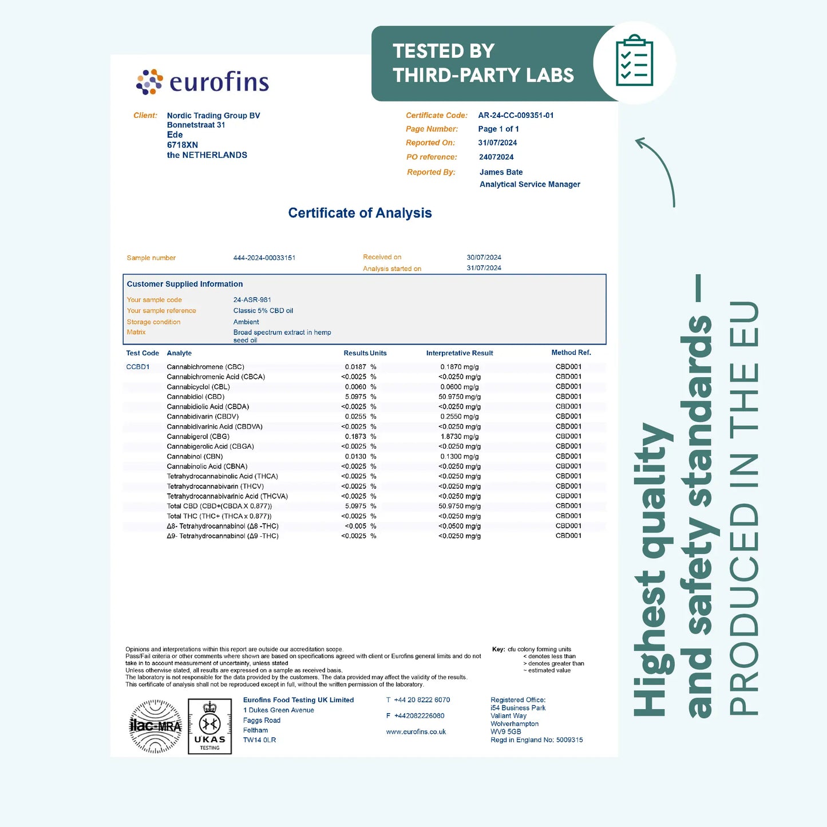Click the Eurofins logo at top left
(203, 82)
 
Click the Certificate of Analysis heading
(359, 213)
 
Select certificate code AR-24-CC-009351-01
(516, 115)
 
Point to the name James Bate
(501, 172)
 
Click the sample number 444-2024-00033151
(264, 258)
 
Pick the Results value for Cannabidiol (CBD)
(355, 397)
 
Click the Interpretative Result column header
(459, 353)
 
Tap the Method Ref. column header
(571, 353)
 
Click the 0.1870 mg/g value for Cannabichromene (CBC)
(459, 367)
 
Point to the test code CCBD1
(137, 367)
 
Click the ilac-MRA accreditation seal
(155, 726)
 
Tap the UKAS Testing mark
(209, 726)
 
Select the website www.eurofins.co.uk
(416, 732)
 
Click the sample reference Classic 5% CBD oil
(263, 311)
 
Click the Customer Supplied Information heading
(184, 284)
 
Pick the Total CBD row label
(219, 506)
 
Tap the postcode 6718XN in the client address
(182, 145)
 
